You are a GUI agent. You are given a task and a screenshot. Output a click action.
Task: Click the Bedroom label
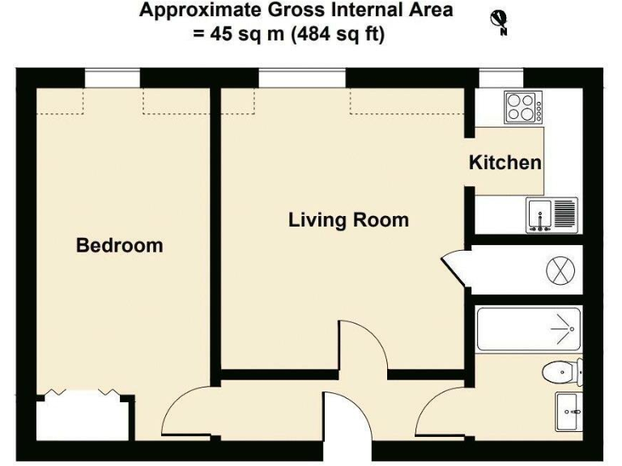(119, 245)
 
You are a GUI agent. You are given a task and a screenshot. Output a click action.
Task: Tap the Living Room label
(348, 220)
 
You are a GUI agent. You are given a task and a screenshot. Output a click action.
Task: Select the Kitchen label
(505, 163)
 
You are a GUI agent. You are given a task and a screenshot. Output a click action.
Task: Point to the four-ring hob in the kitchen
(522, 107)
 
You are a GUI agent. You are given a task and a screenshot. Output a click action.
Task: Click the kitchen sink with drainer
(551, 215)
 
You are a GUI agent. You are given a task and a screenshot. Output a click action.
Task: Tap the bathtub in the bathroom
(526, 329)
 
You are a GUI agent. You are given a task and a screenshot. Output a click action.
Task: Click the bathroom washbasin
(569, 412)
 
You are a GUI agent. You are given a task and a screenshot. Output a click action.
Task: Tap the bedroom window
(113, 78)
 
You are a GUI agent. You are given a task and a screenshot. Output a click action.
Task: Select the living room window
(303, 78)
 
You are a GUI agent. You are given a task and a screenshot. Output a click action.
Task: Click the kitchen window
(501, 78)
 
